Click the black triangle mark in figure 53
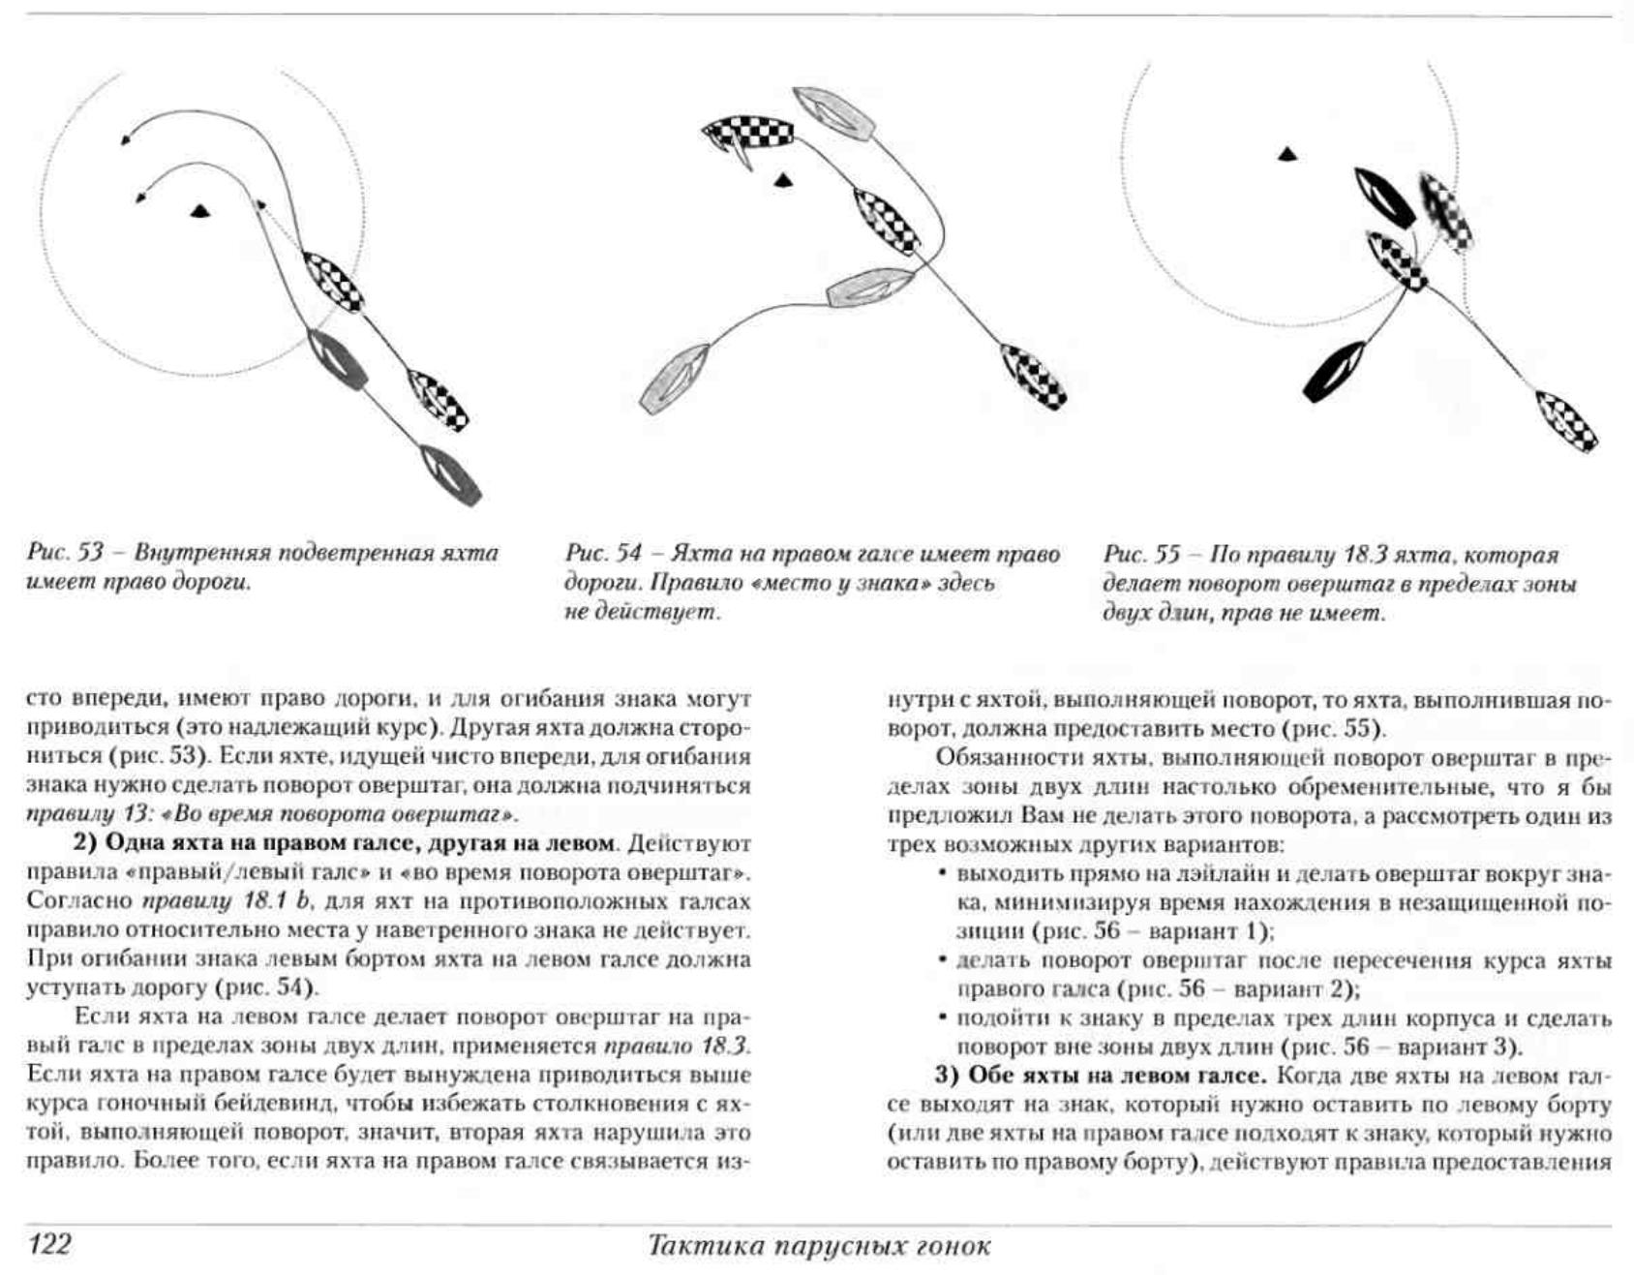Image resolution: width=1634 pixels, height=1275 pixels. click(199, 211)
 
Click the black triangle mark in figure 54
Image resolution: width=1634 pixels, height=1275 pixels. click(783, 179)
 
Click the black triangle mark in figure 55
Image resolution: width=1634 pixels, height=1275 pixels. click(1286, 154)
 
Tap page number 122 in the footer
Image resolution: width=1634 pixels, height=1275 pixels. click(50, 1243)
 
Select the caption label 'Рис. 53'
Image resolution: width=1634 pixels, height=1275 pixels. click(65, 554)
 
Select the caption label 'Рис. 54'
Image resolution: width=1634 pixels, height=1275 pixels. click(603, 554)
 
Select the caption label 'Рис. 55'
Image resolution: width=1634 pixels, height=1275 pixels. click(1141, 555)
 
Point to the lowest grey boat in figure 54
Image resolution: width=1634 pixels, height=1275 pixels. click(676, 379)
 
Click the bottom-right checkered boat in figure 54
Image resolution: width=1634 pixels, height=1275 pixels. click(1033, 375)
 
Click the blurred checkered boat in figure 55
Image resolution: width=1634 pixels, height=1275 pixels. click(1446, 212)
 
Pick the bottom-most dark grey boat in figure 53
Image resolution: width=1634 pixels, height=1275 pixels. click(450, 475)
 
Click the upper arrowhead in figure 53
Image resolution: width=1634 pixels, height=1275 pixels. click(125, 140)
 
